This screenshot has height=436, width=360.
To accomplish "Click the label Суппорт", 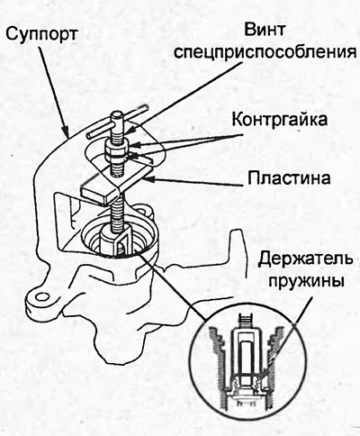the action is pyautogui.click(x=41, y=34).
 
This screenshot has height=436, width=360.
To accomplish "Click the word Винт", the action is pyautogui.click(x=265, y=30).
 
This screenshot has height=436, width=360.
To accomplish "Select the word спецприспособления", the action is pyautogui.click(x=265, y=52).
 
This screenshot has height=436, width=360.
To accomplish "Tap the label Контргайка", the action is pyautogui.click(x=279, y=120).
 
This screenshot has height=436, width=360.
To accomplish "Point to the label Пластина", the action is pyautogui.click(x=289, y=177).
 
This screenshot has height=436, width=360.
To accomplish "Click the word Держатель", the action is pyautogui.click(x=305, y=259).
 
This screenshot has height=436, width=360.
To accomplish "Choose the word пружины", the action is pyautogui.click(x=306, y=282).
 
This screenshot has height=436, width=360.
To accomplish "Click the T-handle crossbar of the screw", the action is pyautogui.click(x=117, y=122).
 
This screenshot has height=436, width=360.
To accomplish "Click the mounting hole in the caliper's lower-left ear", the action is pyautogui.click(x=42, y=297).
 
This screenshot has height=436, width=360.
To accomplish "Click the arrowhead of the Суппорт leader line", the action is pyautogui.click(x=66, y=132).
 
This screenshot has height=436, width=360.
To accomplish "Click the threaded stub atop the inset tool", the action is pyautogui.click(x=246, y=322).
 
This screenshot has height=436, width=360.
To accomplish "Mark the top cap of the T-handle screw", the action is pyautogui.click(x=117, y=116).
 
